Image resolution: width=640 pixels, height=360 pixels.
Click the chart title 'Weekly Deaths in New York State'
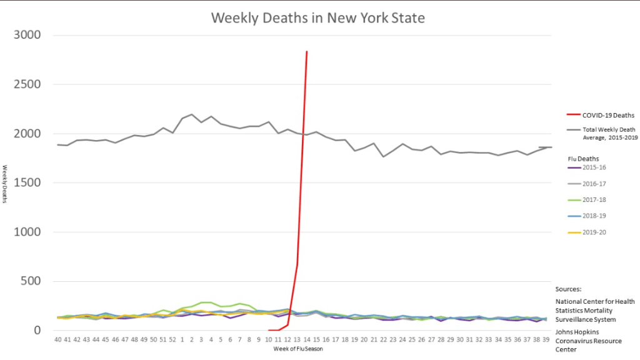[317, 17]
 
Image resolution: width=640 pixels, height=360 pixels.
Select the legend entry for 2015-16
[594, 168]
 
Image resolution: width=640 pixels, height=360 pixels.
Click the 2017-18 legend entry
[594, 199]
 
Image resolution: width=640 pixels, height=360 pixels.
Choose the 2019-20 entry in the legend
[594, 232]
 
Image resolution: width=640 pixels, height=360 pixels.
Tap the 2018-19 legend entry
[594, 216]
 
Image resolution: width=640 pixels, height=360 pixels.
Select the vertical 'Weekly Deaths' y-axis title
[5, 184]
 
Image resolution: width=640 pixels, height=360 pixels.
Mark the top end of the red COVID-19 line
[306, 52]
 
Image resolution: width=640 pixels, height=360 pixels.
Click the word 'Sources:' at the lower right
[568, 289]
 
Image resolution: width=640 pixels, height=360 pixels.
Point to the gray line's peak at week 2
[191, 114]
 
